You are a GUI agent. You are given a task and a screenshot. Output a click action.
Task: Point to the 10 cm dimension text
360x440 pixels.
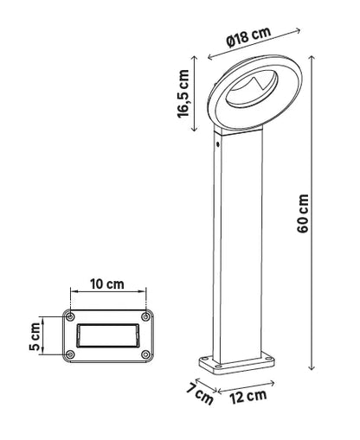click(x=107, y=284)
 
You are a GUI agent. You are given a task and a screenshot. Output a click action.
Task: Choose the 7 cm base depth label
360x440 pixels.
click(x=203, y=397)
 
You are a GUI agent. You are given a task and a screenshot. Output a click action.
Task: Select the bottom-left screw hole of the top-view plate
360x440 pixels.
click(x=69, y=354)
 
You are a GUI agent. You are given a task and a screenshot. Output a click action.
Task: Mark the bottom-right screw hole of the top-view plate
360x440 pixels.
click(x=145, y=354)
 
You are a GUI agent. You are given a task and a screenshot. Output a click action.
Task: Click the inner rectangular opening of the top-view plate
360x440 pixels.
click(x=107, y=335)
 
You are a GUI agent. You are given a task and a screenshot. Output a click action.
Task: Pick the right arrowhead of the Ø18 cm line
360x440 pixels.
click(x=299, y=31)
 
